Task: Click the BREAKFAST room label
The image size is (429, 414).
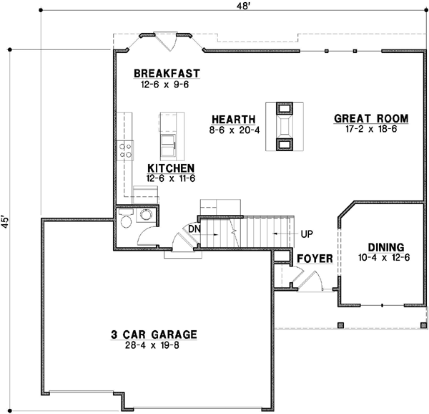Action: click(x=166, y=74)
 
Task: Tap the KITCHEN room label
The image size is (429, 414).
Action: click(x=171, y=167)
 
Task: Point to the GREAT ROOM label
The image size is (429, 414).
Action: click(x=370, y=119)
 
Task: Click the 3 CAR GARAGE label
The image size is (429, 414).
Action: click(x=153, y=334)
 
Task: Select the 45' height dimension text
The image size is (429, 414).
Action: click(x=6, y=221)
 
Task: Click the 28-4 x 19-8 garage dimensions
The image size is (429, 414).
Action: click(x=153, y=345)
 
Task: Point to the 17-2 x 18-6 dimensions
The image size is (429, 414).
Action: click(x=370, y=130)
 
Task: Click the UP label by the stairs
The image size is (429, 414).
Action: click(x=307, y=234)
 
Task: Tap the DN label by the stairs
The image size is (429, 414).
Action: click(x=194, y=229)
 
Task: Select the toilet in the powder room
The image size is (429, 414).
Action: click(x=126, y=219)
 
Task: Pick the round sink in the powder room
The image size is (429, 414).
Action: click(x=147, y=215)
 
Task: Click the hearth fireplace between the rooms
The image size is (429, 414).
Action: click(x=284, y=127)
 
